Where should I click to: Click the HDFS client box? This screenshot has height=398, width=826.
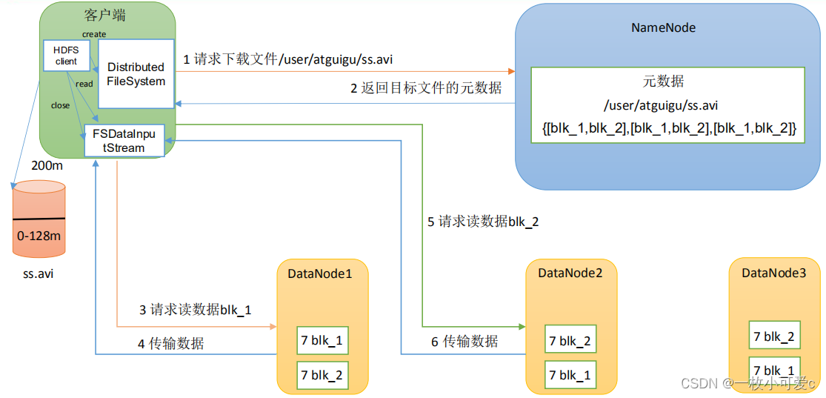[67, 55]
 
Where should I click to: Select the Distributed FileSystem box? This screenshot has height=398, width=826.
[136, 73]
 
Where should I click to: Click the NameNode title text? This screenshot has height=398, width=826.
[663, 27]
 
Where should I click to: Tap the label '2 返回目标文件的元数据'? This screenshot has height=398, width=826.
[426, 88]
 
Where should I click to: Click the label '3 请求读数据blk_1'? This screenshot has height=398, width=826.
[196, 310]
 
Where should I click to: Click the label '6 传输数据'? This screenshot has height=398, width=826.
[465, 341]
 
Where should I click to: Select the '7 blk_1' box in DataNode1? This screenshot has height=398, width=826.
[322, 341]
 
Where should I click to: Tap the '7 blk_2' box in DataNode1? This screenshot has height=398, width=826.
[322, 375]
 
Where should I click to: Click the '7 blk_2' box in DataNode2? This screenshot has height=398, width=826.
[570, 341]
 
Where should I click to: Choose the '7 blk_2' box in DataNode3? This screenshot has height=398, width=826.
[774, 336]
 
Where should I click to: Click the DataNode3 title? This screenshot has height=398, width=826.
[773, 273]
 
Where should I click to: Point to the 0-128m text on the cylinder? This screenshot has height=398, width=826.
[39, 235]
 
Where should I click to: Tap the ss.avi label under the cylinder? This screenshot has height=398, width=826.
[39, 274]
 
